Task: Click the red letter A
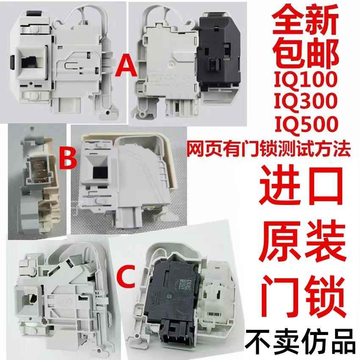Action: tap(125, 66)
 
